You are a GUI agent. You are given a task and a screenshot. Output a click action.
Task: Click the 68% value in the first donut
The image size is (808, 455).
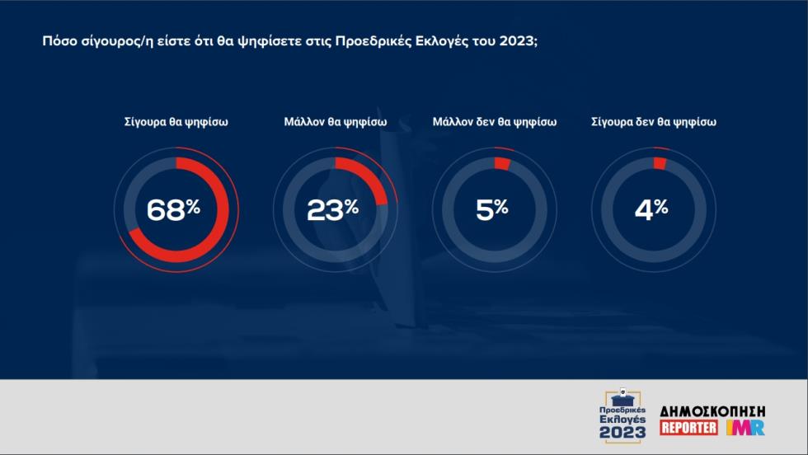click(173, 209)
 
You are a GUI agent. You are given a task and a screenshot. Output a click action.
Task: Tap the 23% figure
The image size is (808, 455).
click(332, 209)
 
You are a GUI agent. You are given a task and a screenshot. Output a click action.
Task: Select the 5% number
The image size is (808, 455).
click(491, 209)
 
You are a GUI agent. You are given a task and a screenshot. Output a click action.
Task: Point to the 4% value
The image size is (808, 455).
click(651, 209)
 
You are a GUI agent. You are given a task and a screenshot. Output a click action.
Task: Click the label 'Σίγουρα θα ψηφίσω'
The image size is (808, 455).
click(176, 122)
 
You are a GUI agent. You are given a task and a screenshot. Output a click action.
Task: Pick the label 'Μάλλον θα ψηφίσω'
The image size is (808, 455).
click(336, 122)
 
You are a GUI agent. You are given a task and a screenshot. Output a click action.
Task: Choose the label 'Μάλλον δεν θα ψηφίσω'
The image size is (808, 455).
click(495, 122)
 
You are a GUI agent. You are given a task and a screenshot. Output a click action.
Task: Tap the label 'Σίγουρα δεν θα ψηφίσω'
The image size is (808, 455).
click(654, 122)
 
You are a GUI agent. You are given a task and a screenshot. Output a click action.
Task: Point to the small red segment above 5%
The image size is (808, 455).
click(502, 163)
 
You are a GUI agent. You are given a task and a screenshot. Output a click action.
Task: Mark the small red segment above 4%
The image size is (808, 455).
click(660, 163)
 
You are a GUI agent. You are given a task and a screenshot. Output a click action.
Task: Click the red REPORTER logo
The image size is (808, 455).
click(689, 427)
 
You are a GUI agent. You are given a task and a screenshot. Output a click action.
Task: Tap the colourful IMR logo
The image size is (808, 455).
click(745, 427)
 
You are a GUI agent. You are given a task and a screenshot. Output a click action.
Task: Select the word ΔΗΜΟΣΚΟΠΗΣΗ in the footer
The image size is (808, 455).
click(712, 411)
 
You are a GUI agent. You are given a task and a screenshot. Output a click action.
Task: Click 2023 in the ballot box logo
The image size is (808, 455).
click(622, 433)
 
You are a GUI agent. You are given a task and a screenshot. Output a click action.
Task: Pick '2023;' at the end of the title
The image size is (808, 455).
click(519, 41)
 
